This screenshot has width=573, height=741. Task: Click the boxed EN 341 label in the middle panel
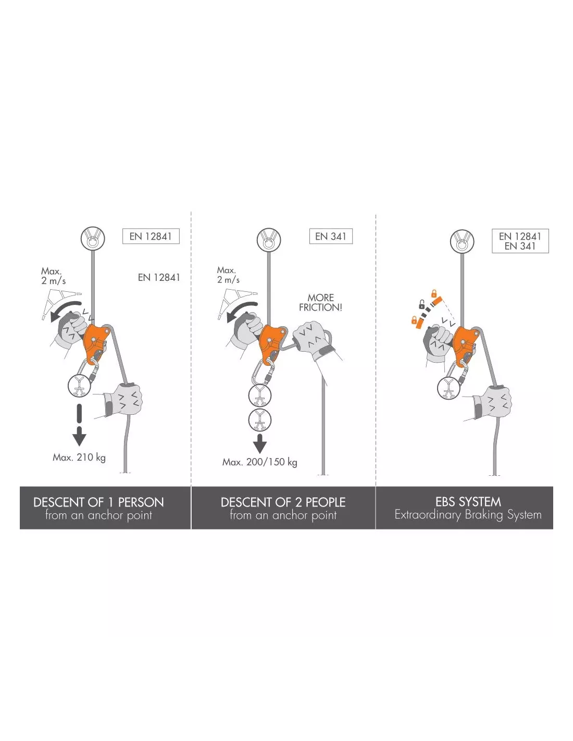tap(331, 236)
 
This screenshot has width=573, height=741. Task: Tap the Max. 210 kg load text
tap(79, 458)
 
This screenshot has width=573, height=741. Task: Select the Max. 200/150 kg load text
tap(260, 462)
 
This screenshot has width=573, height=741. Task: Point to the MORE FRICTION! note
tap(320, 302)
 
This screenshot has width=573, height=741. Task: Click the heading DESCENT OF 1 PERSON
tap(98, 502)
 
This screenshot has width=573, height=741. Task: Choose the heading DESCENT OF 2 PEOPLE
tap(283, 502)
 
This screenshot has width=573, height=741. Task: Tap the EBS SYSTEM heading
tap(468, 502)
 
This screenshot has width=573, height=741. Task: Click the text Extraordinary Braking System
tap(468, 515)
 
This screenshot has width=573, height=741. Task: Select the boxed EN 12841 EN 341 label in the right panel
tap(520, 241)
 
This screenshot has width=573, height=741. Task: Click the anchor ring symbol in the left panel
tap(93, 238)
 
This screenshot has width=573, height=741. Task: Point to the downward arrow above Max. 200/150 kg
tap(260, 443)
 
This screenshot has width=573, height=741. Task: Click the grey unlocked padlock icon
tap(421, 304)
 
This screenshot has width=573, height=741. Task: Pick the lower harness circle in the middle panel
tap(260, 420)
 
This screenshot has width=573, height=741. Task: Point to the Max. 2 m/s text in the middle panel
tap(228, 275)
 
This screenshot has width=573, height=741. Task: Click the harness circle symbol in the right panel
tap(449, 388)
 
